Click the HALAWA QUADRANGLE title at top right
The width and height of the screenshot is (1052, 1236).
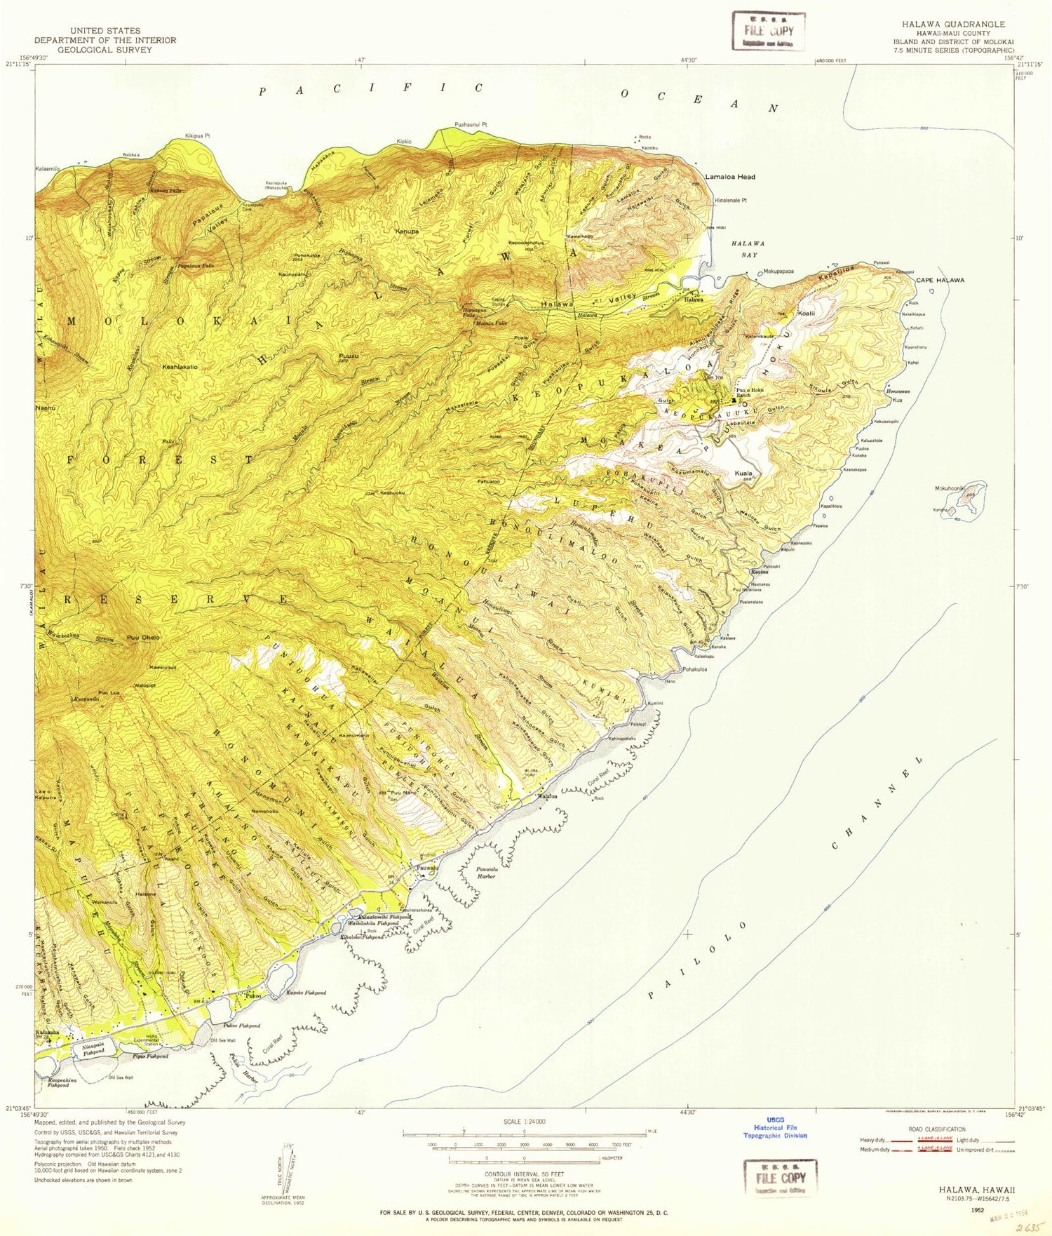pos(958,25)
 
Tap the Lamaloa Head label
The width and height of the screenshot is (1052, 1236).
pos(730,177)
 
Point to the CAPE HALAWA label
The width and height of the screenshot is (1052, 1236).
pos(940,280)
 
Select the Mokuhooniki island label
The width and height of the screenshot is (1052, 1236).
pos(950,488)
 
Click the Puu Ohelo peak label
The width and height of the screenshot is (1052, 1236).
pos(143,638)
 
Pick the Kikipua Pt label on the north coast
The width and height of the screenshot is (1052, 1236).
pos(197,135)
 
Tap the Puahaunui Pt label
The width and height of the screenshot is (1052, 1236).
pos(471,125)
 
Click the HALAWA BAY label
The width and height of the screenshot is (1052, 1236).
pos(748,248)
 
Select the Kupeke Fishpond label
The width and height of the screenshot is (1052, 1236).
pos(306,993)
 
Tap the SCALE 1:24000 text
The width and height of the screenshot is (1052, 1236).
pos(522,1122)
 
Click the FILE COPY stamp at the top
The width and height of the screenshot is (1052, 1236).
pos(769,31)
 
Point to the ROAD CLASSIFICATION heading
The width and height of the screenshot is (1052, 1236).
pos(936,1129)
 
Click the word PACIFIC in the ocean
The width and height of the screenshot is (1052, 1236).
pos(372,89)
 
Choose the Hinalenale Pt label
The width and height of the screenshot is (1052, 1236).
pos(731,201)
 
